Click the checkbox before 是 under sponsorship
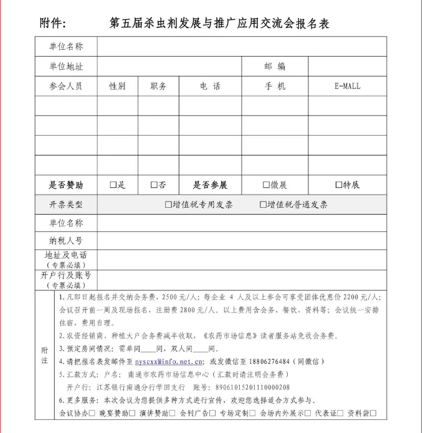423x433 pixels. pyautogui.click(x=113, y=185)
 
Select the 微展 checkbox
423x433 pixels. pyautogui.click(x=267, y=185)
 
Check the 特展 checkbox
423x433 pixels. pyautogui.click(x=339, y=185)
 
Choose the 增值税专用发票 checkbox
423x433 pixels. pyautogui.click(x=168, y=205)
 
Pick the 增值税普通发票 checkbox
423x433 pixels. pyautogui.click(x=263, y=205)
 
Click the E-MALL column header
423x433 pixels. pyautogui.click(x=347, y=86)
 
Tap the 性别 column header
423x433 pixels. pyautogui.click(x=117, y=86)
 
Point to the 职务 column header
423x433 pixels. pyautogui.click(x=158, y=86)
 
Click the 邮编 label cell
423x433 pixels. pyautogui.click(x=275, y=67)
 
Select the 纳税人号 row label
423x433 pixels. pyautogui.click(x=66, y=240)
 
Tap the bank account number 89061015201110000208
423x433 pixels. pyautogui.click(x=246, y=387)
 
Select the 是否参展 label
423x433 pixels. pyautogui.click(x=210, y=185)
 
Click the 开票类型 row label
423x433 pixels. pyautogui.click(x=66, y=205)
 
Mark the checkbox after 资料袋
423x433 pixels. pyautogui.click(x=374, y=413)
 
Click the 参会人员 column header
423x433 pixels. pyautogui.click(x=66, y=86)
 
